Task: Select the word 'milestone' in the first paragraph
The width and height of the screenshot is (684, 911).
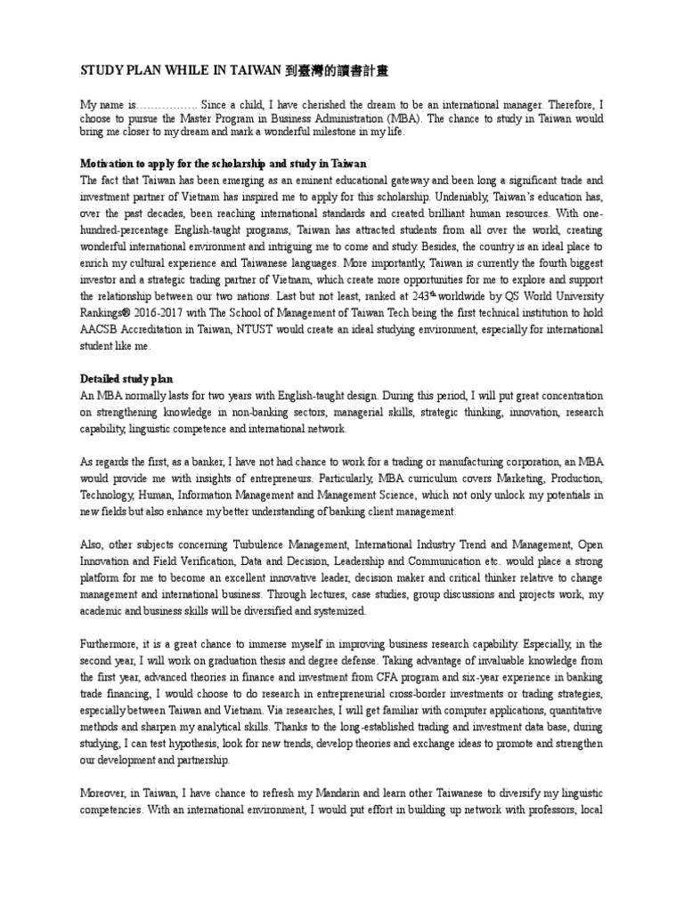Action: (x=322, y=133)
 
